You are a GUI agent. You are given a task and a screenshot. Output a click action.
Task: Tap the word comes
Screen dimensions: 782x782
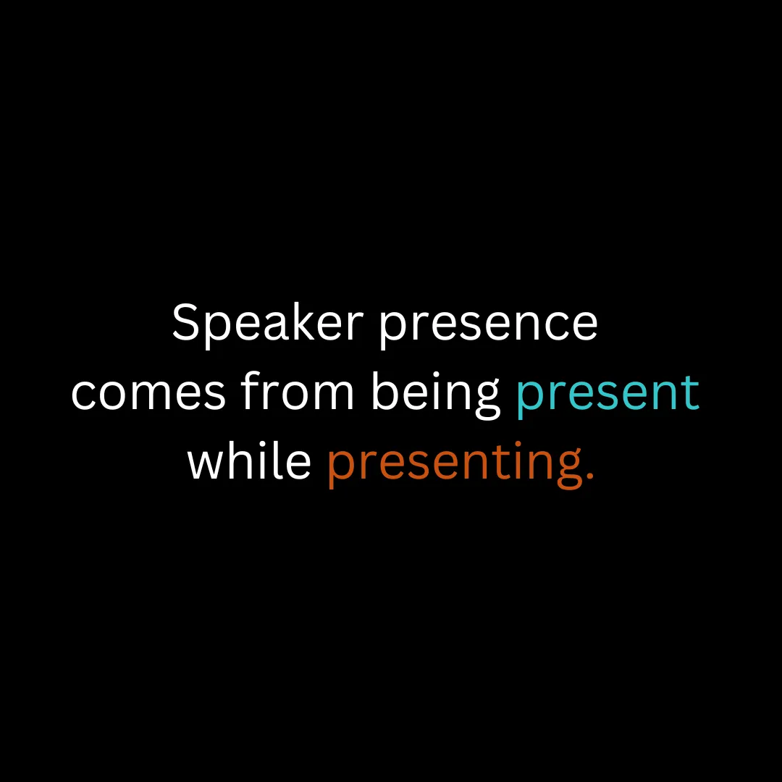click(x=148, y=395)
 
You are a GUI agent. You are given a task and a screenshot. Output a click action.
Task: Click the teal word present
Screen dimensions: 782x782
click(x=608, y=397)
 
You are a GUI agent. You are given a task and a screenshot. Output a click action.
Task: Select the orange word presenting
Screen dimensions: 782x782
click(x=455, y=464)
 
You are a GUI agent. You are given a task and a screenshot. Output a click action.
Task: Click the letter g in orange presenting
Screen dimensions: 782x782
click(x=568, y=468)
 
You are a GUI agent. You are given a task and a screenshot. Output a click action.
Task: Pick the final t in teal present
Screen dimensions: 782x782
click(x=691, y=394)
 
